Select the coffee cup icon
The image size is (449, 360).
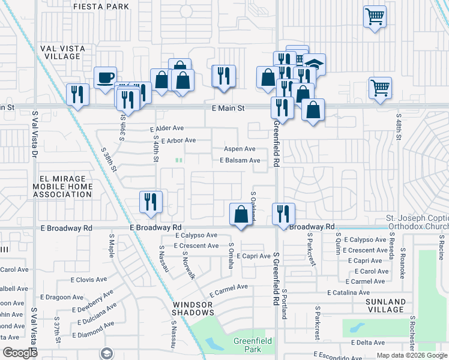coord(106,78)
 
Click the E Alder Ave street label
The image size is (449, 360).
coord(167,128)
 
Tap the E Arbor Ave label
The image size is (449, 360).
coord(178,140)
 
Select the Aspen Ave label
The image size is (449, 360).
coord(240,149)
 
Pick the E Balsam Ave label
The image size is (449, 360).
coord(240,160)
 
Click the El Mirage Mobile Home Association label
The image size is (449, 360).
coord(66,187)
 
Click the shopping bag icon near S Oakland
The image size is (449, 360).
coord(241,214)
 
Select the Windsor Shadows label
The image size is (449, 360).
coord(193,308)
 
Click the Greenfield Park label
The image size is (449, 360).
coord(253,345)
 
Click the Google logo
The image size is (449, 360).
coord(19,353)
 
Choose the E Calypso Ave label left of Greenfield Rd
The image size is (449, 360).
coord(195,235)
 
